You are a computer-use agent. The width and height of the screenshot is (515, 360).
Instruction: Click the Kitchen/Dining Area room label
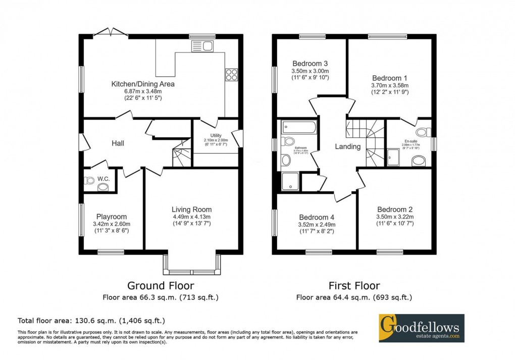tap(143, 84)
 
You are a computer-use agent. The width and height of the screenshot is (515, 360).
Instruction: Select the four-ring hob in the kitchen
tap(231, 74)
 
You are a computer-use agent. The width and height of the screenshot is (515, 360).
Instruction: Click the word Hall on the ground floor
tap(118, 143)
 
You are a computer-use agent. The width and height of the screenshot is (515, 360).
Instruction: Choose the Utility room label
tap(216, 135)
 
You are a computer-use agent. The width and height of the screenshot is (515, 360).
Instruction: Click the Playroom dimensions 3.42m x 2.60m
tap(112, 224)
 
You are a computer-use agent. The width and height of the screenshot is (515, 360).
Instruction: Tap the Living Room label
tap(191, 210)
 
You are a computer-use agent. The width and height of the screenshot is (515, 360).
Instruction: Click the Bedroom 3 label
tap(310, 64)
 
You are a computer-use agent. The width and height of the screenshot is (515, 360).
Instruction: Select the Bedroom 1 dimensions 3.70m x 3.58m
tap(390, 86)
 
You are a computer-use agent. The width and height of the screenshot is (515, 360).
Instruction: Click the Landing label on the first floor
tap(348, 147)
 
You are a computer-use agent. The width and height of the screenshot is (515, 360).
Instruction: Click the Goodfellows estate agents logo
tap(421, 328)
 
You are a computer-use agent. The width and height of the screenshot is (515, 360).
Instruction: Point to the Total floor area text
tap(91, 321)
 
